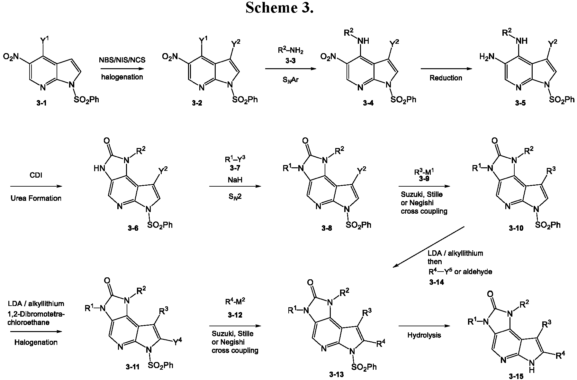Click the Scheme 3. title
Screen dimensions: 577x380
(x=279, y=8)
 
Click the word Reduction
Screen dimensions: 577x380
(x=446, y=78)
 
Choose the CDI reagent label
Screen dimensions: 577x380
(x=36, y=176)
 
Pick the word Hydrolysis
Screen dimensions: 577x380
(x=424, y=335)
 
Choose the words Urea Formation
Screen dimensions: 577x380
(x=36, y=198)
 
